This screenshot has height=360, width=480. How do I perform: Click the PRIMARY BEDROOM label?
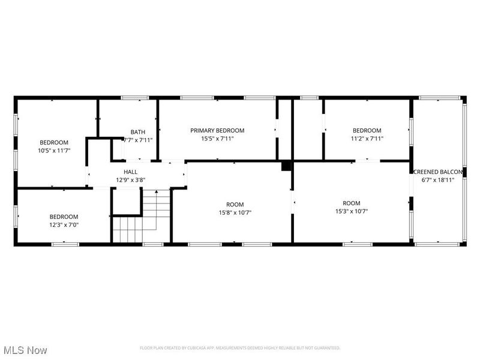217,131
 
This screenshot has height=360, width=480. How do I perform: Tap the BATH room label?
138,132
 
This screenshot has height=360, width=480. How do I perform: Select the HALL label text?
130,172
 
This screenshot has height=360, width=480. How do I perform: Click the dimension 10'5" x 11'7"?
54,151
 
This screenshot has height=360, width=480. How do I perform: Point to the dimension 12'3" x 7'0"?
64,225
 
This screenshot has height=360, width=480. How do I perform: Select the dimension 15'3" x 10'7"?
352,211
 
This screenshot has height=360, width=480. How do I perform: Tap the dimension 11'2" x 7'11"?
367,139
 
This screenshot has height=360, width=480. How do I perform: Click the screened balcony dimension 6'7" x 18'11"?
437,179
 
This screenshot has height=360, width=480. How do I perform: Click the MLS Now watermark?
25,349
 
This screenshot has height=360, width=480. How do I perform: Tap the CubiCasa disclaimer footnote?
240,348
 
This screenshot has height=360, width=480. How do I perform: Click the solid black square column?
286,166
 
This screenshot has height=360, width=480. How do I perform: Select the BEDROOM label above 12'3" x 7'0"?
64,217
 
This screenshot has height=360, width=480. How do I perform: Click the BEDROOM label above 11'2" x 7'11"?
367,131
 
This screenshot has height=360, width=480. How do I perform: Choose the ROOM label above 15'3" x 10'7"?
352,203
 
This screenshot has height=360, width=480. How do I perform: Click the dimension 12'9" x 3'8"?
130,179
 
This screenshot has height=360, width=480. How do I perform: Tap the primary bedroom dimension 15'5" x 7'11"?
217,139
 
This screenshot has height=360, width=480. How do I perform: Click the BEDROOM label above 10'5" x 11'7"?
54,143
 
